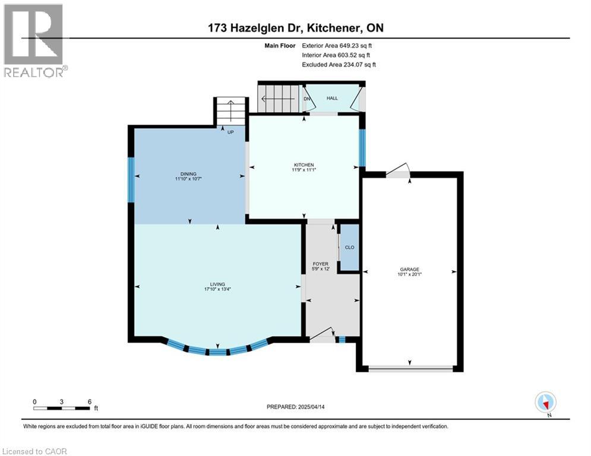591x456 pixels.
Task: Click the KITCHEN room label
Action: pyautogui.click(x=304, y=165)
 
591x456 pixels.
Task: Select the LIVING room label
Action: pyautogui.click(x=217, y=284)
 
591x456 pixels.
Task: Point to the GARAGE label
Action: pyautogui.click(x=410, y=269)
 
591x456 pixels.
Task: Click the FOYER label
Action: pyautogui.click(x=321, y=264)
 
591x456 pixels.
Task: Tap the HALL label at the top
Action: pyautogui.click(x=332, y=98)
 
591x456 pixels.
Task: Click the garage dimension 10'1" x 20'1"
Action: pyautogui.click(x=410, y=274)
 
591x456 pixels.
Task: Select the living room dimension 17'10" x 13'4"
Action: pyautogui.click(x=217, y=290)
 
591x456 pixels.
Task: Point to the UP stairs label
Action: pyautogui.click(x=230, y=131)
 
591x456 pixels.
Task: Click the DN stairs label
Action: pyautogui.click(x=307, y=99)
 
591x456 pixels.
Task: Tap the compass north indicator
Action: pyautogui.click(x=545, y=402)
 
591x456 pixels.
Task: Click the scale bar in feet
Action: pyautogui.click(x=62, y=408)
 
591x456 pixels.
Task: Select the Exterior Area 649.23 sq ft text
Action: pyautogui.click(x=339, y=45)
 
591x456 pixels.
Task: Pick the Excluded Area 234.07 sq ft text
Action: pyautogui.click(x=339, y=64)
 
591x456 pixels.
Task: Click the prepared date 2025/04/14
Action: pyautogui.click(x=297, y=407)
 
